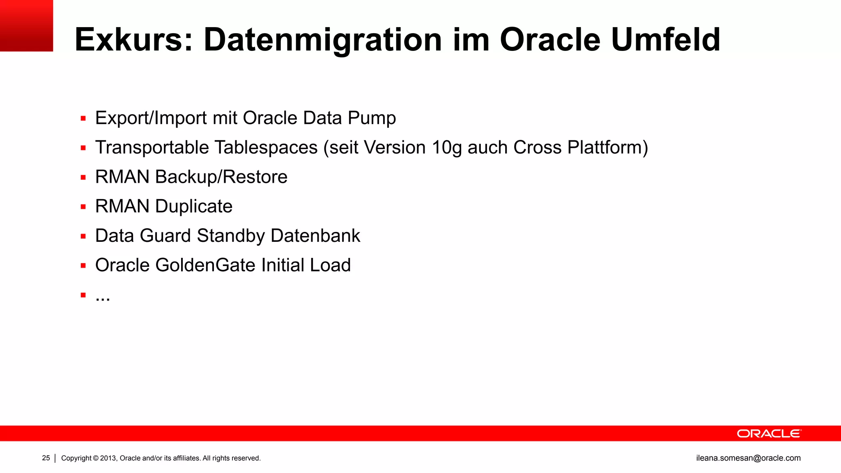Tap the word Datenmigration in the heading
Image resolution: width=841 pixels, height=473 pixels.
click(x=323, y=40)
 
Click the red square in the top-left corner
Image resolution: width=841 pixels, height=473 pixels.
click(x=26, y=25)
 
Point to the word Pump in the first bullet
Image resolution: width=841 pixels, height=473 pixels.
click(x=372, y=118)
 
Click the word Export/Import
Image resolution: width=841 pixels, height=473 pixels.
click(x=151, y=118)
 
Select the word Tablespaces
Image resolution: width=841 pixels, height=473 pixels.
click(x=266, y=148)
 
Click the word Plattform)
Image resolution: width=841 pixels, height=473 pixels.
click(x=607, y=148)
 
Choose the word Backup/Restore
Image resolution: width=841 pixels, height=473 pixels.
click(x=221, y=177)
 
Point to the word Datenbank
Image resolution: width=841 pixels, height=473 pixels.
click(x=315, y=236)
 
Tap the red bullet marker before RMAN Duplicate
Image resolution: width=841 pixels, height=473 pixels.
click(x=83, y=207)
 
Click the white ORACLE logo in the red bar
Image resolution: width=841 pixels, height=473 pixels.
click(x=769, y=434)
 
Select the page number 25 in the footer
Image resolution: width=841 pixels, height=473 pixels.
click(x=46, y=458)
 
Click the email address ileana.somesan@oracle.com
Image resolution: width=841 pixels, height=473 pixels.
click(x=748, y=458)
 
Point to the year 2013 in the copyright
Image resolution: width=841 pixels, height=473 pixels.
click(x=108, y=458)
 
